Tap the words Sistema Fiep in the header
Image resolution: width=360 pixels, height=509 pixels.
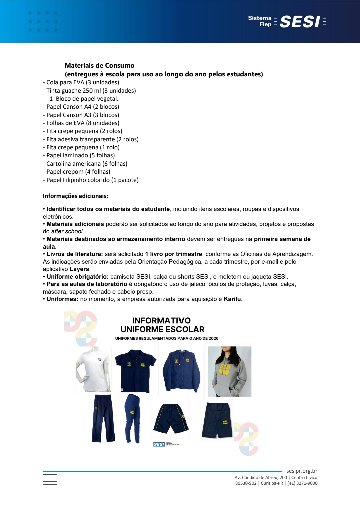260,21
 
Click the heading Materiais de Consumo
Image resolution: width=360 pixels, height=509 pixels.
99,65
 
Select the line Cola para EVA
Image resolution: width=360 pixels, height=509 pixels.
81,82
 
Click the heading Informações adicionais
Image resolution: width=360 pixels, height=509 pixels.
75,196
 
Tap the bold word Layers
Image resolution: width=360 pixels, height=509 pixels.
79,269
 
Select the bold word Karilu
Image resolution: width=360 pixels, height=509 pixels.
232,299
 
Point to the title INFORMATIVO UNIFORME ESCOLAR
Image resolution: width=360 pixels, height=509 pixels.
162,325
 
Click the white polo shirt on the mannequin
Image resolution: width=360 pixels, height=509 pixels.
93,369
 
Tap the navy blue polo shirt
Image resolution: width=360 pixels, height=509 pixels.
135,370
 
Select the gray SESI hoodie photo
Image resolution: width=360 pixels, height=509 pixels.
229,371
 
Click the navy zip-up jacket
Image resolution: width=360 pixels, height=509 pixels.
181,370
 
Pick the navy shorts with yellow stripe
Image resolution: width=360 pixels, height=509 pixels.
171,418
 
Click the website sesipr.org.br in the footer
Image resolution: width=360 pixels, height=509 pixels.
302,471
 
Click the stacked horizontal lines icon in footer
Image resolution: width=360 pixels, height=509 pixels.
50,479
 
